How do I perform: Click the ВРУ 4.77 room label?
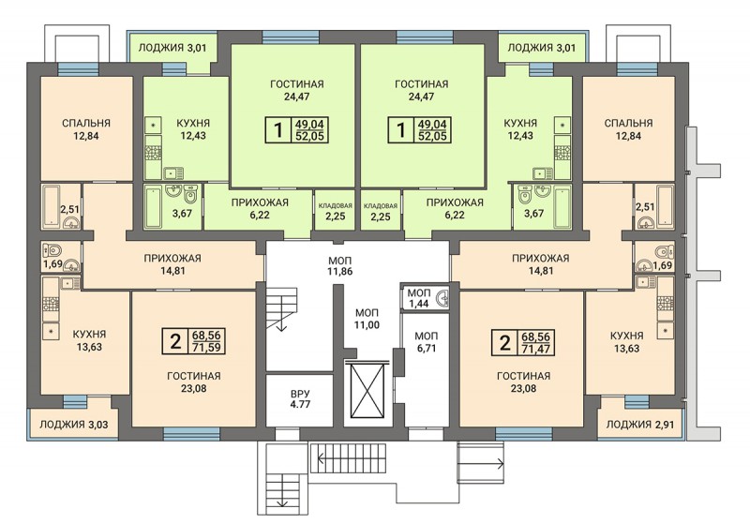(300, 398)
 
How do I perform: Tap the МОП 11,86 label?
(340, 266)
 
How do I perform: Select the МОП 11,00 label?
(367, 319)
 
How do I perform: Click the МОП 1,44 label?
(419, 298)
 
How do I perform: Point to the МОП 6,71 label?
(427, 342)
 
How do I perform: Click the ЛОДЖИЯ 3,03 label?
(73, 424)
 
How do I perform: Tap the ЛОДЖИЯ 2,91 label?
(640, 424)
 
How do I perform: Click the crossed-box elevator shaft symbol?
(368, 390)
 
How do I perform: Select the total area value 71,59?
(206, 347)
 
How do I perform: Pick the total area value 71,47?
(535, 349)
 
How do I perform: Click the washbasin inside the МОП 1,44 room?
(443, 298)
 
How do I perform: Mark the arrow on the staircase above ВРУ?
(280, 323)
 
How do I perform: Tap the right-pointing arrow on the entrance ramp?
(480, 462)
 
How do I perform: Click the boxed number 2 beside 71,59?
(175, 341)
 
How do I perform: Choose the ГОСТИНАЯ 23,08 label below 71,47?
(523, 382)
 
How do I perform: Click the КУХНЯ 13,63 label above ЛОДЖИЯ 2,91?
(626, 342)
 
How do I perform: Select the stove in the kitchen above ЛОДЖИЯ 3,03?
(51, 304)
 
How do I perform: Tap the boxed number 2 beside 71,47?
(504, 343)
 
